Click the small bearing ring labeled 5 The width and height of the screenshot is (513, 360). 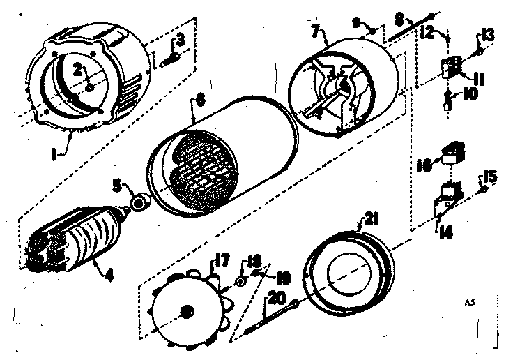pyautogui.click(x=141, y=203)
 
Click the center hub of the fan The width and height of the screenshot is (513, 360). pyautogui.click(x=186, y=310)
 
